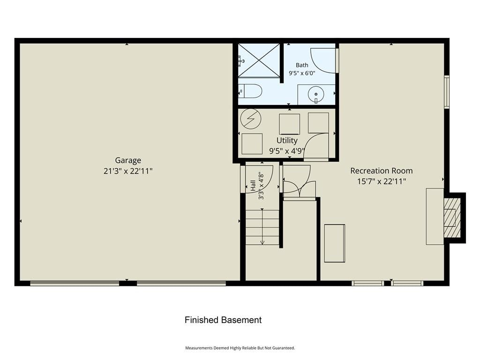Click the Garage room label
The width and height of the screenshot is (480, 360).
[x=128, y=160]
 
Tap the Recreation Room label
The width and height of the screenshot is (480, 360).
[x=382, y=171]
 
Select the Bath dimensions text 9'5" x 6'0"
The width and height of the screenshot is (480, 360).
[x=302, y=73]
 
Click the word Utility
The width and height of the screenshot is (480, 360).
[x=287, y=141]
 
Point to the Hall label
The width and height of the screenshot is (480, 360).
[x=253, y=186]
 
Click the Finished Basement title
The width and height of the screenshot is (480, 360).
[x=223, y=320]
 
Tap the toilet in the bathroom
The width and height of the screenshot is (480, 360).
[x=250, y=91]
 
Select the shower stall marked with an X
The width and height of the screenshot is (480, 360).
[x=259, y=60]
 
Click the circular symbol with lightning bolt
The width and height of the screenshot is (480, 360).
[x=251, y=119]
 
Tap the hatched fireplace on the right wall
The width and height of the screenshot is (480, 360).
[x=452, y=217]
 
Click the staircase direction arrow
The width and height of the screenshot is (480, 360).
[x=262, y=226]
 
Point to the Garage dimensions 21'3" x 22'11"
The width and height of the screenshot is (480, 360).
[x=128, y=171]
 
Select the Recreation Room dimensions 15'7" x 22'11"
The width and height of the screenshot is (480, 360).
[x=382, y=181]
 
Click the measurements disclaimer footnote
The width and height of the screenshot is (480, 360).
[x=240, y=348]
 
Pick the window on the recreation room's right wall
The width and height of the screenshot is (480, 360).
[x=447, y=92]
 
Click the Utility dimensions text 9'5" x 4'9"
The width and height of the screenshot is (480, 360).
[x=287, y=151]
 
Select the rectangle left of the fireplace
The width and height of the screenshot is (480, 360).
[x=435, y=217]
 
